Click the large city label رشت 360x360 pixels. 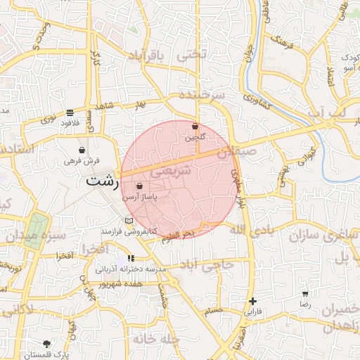pyautogui.click(x=101, y=180)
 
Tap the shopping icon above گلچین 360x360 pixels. pyautogui.click(x=195, y=127)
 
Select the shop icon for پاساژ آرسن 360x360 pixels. pyautogui.click(x=139, y=186)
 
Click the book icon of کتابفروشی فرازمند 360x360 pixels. pyautogui.click(x=128, y=221)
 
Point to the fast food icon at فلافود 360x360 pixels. pyautogui.click(x=70, y=112)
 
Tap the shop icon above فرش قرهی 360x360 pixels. pyautogui.click(x=82, y=150)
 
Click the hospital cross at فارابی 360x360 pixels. pyautogui.click(x=252, y=301)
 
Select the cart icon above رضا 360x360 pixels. pyautogui.click(x=304, y=295)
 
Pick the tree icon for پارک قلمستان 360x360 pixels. pyautogui.click(x=47, y=344)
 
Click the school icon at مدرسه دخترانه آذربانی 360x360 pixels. pyautogui.click(x=131, y=258)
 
